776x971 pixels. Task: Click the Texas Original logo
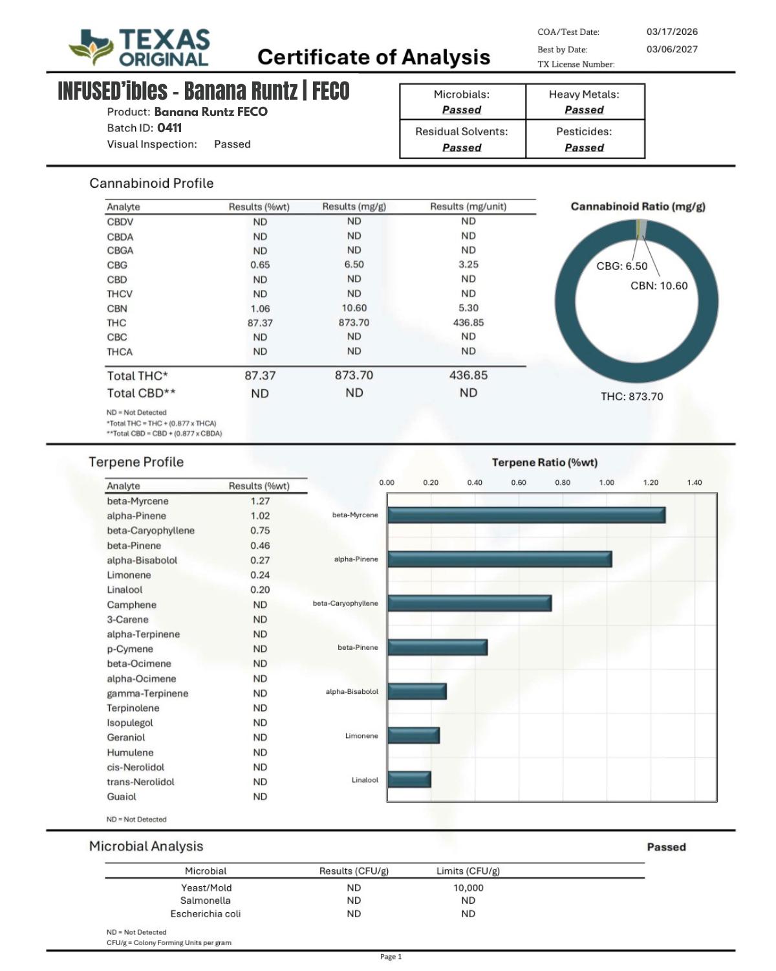140,47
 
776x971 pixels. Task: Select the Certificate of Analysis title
374,57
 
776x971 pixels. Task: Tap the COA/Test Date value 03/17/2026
672,32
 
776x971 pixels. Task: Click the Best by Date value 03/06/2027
672,49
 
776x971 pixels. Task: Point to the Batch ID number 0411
169,128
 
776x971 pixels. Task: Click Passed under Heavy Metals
584,110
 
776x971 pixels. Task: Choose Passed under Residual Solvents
462,148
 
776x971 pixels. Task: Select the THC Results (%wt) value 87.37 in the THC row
260,323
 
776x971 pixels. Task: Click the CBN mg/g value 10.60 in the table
354,308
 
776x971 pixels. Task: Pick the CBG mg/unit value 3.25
468,265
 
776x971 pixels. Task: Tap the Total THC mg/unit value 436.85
468,375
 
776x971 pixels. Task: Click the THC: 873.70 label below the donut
632,397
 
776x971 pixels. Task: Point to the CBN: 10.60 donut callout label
659,286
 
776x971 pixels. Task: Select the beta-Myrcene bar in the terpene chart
526,515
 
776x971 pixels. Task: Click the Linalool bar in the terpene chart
409,779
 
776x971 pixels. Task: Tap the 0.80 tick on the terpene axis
563,483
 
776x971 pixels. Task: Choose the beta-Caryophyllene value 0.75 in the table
260,531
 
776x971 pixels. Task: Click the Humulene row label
130,753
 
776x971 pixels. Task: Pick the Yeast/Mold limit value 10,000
468,888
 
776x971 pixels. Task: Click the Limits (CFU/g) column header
468,871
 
